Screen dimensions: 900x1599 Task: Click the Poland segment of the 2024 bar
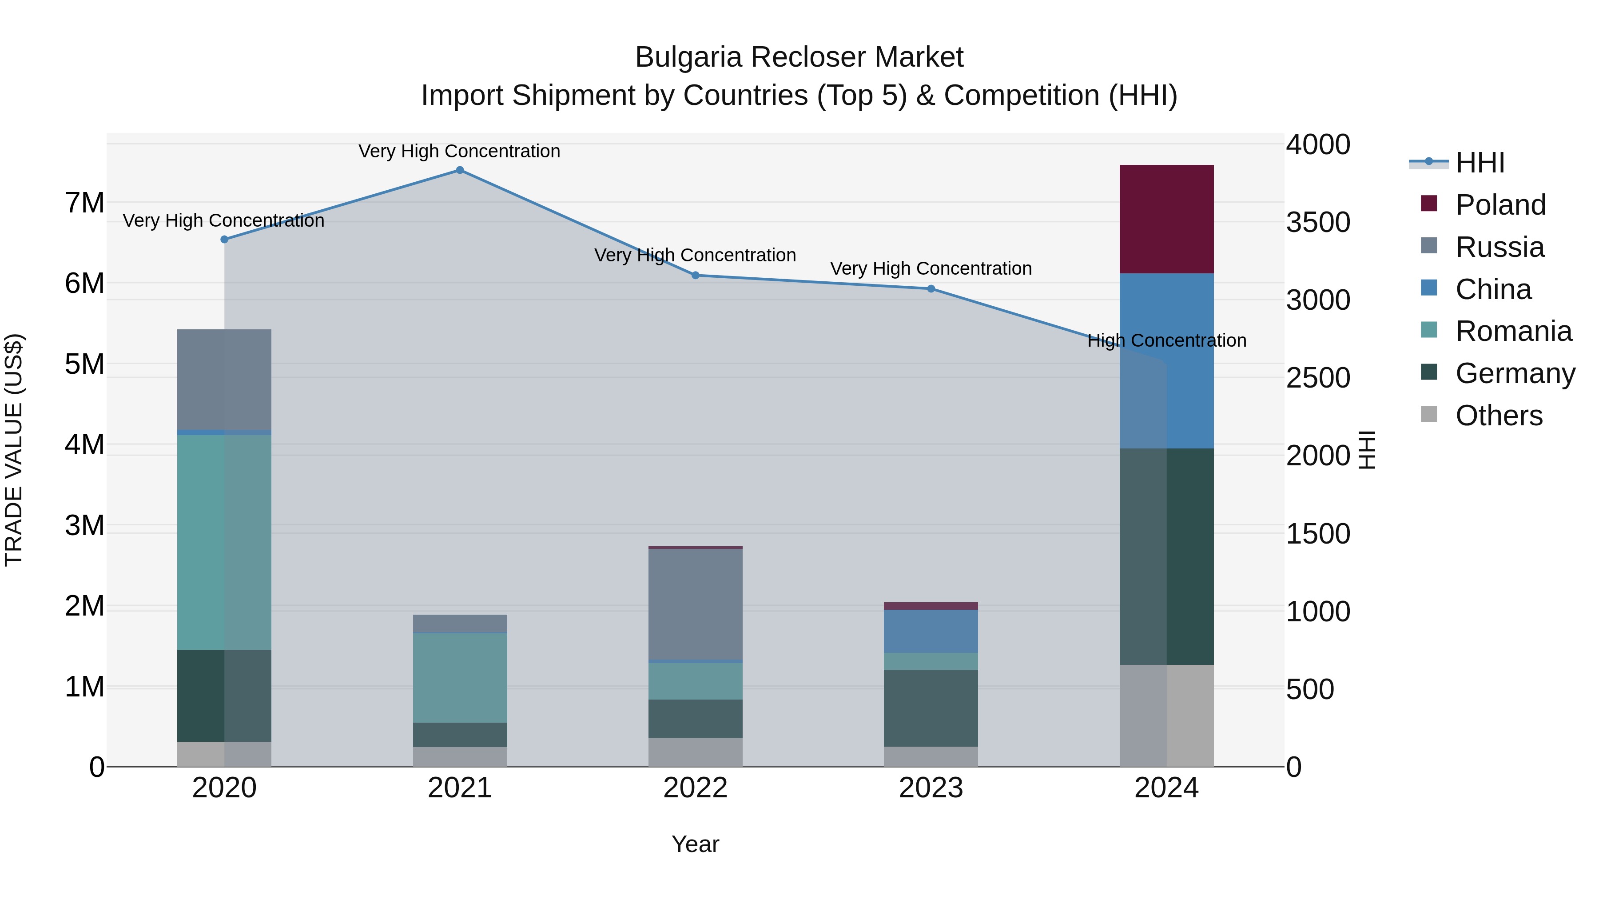[x=1166, y=219]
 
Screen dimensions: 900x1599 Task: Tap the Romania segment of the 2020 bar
[x=224, y=542]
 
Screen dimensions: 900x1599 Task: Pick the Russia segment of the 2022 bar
[x=695, y=604]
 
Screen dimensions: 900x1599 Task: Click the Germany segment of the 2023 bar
[x=931, y=708]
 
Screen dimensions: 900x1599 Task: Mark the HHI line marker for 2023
[x=931, y=289]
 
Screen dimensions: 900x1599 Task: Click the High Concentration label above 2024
[x=1166, y=340]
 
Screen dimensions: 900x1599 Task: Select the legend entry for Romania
[x=1513, y=331]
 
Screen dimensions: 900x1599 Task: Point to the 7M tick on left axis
[x=84, y=203]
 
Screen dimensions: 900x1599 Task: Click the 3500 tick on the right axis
[x=1317, y=222]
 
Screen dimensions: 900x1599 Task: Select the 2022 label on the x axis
[x=695, y=788]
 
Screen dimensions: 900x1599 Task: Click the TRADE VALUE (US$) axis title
[x=14, y=450]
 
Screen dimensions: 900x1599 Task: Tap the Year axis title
[x=695, y=844]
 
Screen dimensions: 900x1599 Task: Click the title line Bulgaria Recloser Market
[x=799, y=57]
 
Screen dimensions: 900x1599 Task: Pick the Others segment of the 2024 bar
[x=1166, y=716]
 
